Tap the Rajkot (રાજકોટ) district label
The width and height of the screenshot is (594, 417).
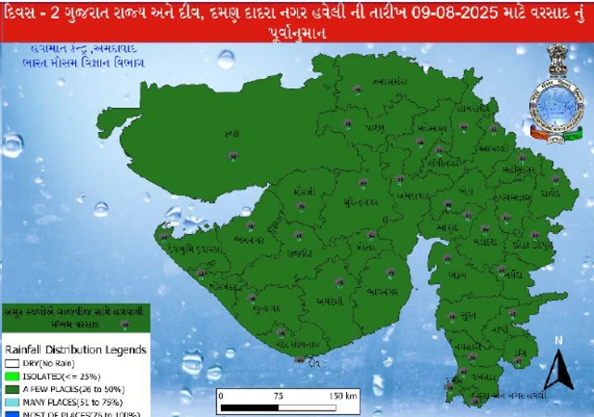tap(301, 252)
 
